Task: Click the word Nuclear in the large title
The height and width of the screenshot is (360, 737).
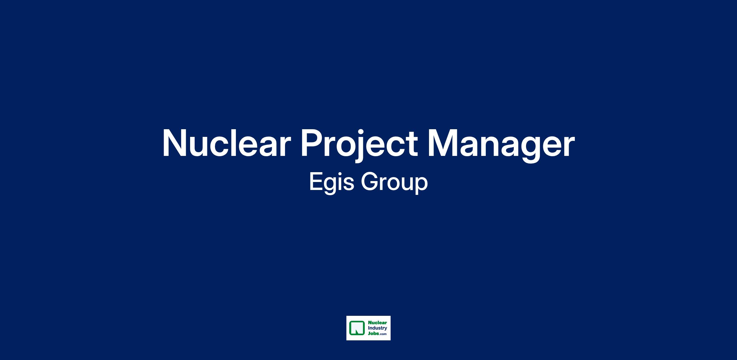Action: click(226, 143)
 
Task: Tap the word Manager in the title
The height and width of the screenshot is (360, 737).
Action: click(501, 145)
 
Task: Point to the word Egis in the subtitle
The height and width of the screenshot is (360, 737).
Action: click(332, 182)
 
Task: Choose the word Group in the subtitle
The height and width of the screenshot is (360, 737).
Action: click(394, 182)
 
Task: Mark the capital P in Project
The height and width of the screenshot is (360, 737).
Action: click(313, 143)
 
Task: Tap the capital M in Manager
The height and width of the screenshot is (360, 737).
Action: click(442, 143)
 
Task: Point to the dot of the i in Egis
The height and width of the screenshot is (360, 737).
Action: click(341, 173)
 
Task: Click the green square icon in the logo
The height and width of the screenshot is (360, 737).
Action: click(357, 328)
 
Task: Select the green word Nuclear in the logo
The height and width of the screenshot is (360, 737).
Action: click(377, 323)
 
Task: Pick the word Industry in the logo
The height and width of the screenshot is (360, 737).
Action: click(377, 328)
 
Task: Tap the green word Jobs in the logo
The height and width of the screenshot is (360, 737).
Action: click(373, 333)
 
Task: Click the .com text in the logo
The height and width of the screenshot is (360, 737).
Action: click(383, 334)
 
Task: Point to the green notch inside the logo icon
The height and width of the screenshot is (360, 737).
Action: click(357, 331)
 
